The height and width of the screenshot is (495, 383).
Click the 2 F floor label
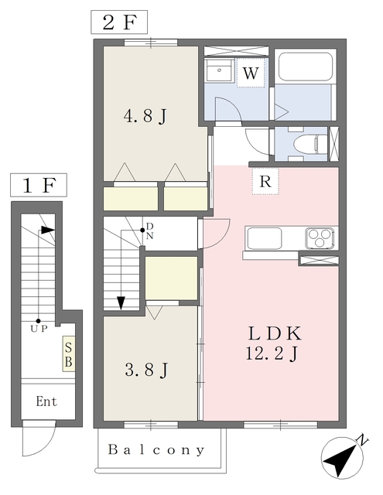tap(119, 22)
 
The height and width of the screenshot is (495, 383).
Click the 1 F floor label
tap(39, 185)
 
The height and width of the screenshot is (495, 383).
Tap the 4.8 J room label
tap(145, 116)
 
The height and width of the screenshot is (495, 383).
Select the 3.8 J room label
tap(146, 370)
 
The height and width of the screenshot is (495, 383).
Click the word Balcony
tap(156, 449)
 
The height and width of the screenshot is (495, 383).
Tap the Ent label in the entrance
tap(46, 401)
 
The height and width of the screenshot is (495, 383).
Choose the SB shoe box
tap(69, 353)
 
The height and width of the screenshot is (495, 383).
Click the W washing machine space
tap(251, 73)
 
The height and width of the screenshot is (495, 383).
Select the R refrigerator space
tap(265, 181)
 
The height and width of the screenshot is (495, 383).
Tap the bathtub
tap(306, 67)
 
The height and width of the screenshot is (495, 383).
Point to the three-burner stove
tap(320, 237)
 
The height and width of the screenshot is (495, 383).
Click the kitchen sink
tap(265, 238)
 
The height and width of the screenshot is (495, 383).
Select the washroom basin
tap(218, 70)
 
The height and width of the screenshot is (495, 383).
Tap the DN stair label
tap(149, 231)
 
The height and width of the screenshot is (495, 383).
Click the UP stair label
tap(39, 329)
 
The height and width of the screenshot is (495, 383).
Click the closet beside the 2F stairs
tap(172, 278)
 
